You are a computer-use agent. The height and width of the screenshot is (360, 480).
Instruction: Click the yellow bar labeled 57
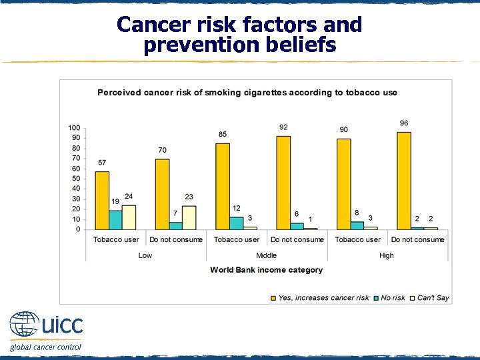pyautogui.click(x=102, y=201)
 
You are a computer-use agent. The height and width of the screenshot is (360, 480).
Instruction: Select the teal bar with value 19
pyautogui.click(x=116, y=220)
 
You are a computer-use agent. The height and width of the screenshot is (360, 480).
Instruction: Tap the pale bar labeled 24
pyautogui.click(x=129, y=217)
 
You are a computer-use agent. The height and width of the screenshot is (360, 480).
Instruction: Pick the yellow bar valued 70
pyautogui.click(x=162, y=194)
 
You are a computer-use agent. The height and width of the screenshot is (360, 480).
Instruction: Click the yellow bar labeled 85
pyautogui.click(x=223, y=187)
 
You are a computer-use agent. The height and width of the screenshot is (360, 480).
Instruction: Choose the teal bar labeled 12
pyautogui.click(x=237, y=223)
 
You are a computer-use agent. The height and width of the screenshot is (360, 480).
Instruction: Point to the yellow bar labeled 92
pyautogui.click(x=283, y=183)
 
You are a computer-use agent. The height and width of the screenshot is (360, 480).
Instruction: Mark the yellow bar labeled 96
pyautogui.click(x=404, y=181)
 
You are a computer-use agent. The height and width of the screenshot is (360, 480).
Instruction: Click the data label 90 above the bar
pyautogui.click(x=343, y=129)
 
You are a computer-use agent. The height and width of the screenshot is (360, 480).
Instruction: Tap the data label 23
pyautogui.click(x=189, y=197)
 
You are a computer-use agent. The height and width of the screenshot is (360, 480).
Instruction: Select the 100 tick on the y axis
pyautogui.click(x=74, y=128)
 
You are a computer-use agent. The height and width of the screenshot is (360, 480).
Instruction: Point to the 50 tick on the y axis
pyautogui.click(x=76, y=179)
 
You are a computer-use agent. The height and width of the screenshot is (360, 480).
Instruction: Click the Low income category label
pyautogui.click(x=145, y=255)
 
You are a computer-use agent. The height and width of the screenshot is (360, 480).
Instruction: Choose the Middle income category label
pyautogui.click(x=266, y=255)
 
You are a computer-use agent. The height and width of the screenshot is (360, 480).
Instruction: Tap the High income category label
pyautogui.click(x=387, y=255)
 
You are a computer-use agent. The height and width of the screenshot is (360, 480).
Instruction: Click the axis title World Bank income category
pyautogui.click(x=266, y=270)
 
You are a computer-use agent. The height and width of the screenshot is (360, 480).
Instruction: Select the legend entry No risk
pyautogui.click(x=393, y=298)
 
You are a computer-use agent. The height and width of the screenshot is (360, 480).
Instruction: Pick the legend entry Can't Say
pyautogui.click(x=433, y=298)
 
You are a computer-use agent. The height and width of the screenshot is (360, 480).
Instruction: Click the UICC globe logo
pyautogui.click(x=24, y=325)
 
